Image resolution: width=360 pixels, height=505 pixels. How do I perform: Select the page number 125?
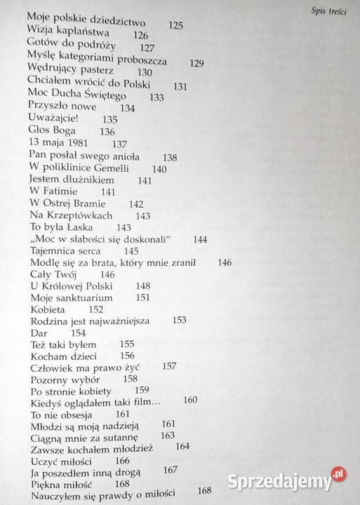pyautogui.click(x=176, y=25)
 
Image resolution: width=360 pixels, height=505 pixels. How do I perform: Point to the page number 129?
pyautogui.click(x=196, y=63)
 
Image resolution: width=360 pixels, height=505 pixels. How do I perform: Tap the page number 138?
pyautogui.click(x=169, y=157)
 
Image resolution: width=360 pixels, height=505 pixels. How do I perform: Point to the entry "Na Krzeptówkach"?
pyautogui.click(x=71, y=216)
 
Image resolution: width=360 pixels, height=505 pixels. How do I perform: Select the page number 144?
pyautogui.click(x=199, y=240)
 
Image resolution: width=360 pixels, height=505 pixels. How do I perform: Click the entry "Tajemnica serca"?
pyautogui.click(x=66, y=251)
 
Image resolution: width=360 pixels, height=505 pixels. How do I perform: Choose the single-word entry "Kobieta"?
pyautogui.click(x=48, y=309)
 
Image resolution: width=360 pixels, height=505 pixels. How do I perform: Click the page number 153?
pyautogui.click(x=179, y=320)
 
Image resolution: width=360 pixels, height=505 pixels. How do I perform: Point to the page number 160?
pyautogui.click(x=190, y=400)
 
